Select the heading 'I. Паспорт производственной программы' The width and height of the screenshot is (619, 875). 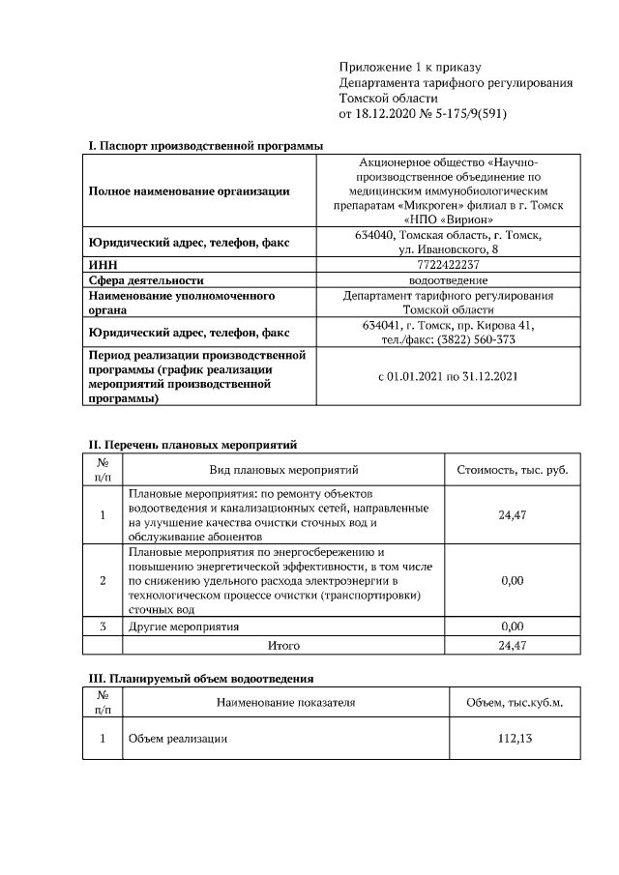[x=205, y=145]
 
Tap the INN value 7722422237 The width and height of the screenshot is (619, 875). [x=449, y=264]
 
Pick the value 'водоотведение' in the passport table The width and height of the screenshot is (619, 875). [x=449, y=279]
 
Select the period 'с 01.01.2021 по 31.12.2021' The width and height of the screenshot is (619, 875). [x=449, y=375]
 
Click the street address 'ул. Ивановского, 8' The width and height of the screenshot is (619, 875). [x=449, y=249]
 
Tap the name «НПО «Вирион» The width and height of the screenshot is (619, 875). [x=449, y=219]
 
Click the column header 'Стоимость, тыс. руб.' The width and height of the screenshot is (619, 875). [x=512, y=470]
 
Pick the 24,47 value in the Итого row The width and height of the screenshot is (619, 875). [x=512, y=645]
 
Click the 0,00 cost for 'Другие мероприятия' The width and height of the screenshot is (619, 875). [x=512, y=627]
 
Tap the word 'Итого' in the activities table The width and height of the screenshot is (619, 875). [x=283, y=645]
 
